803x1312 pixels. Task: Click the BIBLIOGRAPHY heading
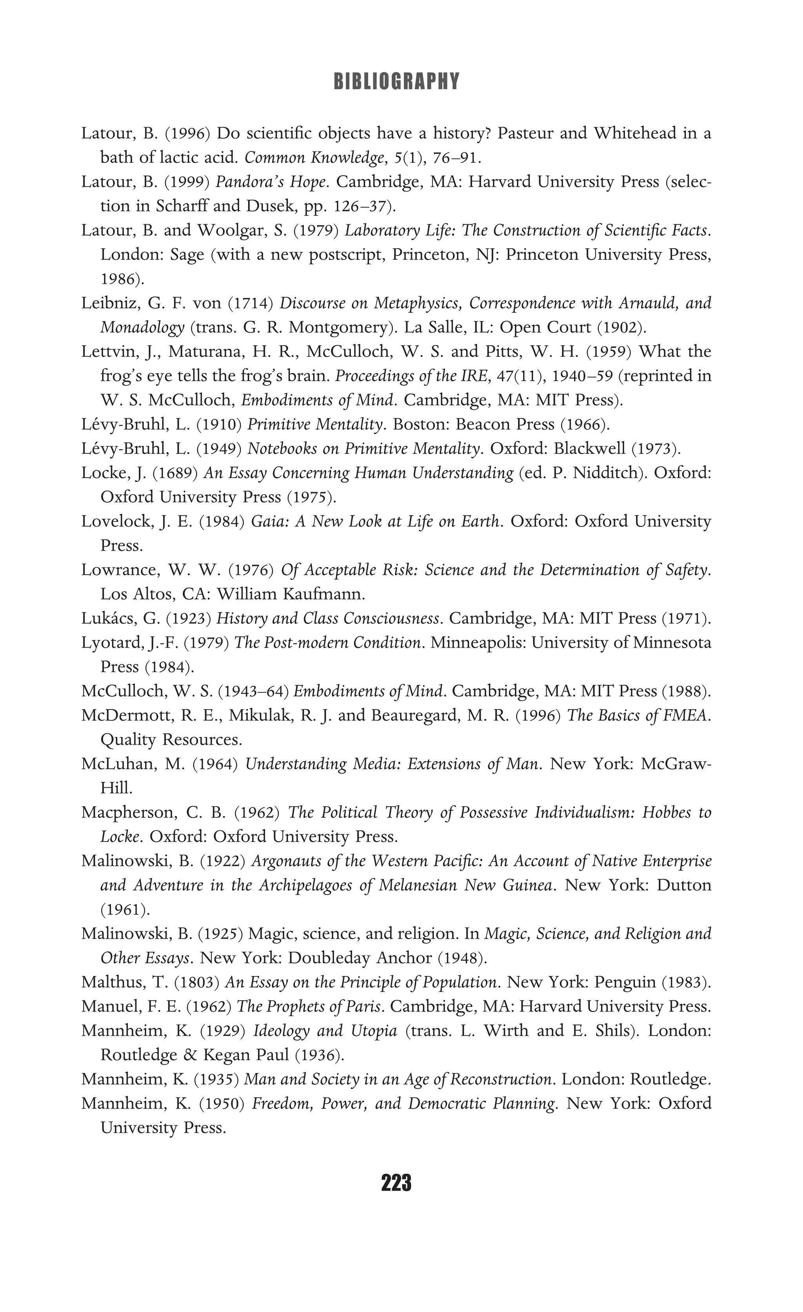click(396, 82)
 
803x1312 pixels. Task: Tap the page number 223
click(396, 1183)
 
